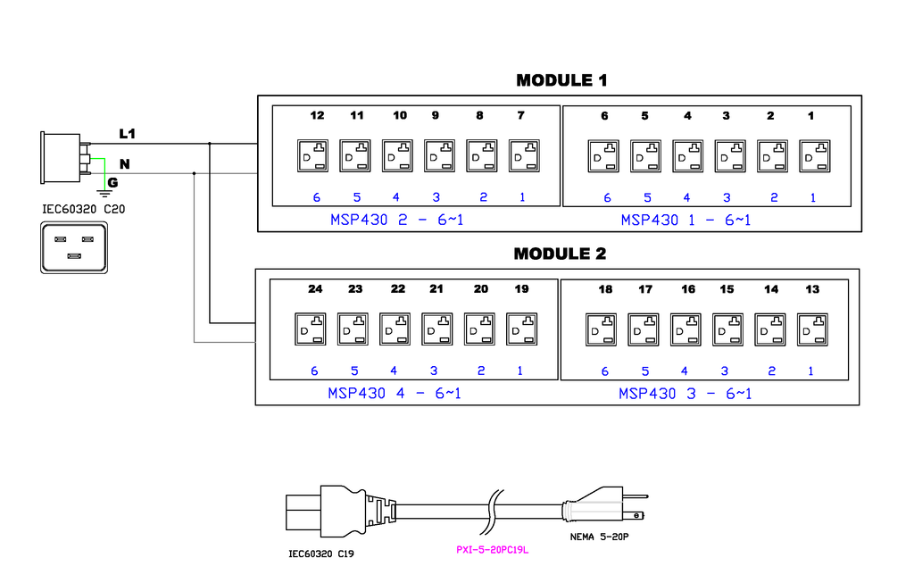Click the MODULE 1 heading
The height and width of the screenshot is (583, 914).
pyautogui.click(x=561, y=80)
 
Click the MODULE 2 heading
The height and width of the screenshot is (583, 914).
pyautogui.click(x=560, y=254)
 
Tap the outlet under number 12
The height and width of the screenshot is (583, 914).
pyautogui.click(x=312, y=156)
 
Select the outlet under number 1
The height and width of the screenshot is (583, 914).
pyautogui.click(x=813, y=156)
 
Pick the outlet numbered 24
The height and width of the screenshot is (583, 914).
pyautogui.click(x=309, y=329)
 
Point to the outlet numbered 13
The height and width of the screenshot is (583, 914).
pyautogui.click(x=811, y=329)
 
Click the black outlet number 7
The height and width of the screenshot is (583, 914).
pyautogui.click(x=520, y=116)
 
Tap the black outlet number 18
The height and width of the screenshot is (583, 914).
pyautogui.click(x=605, y=289)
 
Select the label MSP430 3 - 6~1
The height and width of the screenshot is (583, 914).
pyautogui.click(x=685, y=393)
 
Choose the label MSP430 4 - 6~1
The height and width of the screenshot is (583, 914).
pyautogui.click(x=395, y=393)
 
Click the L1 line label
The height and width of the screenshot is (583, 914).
pyautogui.click(x=128, y=134)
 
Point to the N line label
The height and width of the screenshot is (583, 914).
pyautogui.click(x=125, y=164)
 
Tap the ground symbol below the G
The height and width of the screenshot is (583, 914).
pyautogui.click(x=104, y=191)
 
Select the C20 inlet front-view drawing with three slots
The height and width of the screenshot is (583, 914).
pyautogui.click(x=74, y=247)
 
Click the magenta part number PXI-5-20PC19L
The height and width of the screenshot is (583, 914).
pyautogui.click(x=493, y=549)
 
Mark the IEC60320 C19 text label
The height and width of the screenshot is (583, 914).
pyautogui.click(x=320, y=554)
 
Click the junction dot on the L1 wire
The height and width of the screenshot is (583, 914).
pyautogui.click(x=210, y=143)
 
